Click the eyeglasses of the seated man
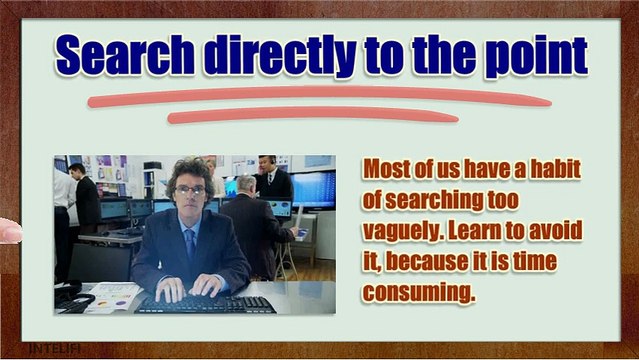(x=190, y=190)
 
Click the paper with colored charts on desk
(x=112, y=296)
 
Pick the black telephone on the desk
(x=70, y=296)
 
